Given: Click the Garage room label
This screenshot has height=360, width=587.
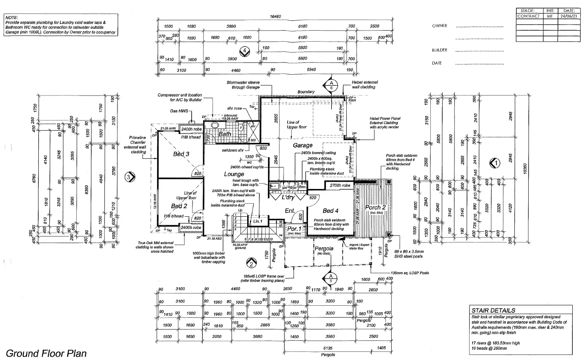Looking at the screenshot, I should pos(302,145).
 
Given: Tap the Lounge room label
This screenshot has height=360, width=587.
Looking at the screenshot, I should pos(234,174).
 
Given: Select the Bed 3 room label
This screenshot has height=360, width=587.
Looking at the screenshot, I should pos(181,154).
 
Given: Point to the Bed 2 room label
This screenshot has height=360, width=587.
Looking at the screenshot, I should pos(179,206).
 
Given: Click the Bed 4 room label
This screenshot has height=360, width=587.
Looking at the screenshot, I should pos(330,211).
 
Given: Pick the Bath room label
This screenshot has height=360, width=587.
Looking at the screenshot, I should pos(225,134).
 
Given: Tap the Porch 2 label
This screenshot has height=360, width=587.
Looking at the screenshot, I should pos(375,207).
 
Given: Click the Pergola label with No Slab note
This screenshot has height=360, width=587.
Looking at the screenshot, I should pos(324,248).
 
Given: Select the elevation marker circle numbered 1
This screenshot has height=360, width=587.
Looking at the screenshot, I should pos(495,163).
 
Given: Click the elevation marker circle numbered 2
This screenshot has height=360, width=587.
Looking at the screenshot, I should pos(251,264).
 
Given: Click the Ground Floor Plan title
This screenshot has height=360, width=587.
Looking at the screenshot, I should pos(46,353).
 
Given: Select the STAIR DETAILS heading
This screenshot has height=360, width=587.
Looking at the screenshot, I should pos(493,310).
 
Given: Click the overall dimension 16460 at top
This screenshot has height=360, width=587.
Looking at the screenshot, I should pos(275,17).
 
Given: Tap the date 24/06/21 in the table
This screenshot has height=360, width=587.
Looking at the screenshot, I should pos(569,16).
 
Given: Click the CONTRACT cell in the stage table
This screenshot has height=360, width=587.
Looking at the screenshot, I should pos(528,16).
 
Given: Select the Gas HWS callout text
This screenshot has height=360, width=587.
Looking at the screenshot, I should pos(179,111).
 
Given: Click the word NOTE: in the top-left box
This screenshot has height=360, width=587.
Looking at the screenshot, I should pos(11,18).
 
